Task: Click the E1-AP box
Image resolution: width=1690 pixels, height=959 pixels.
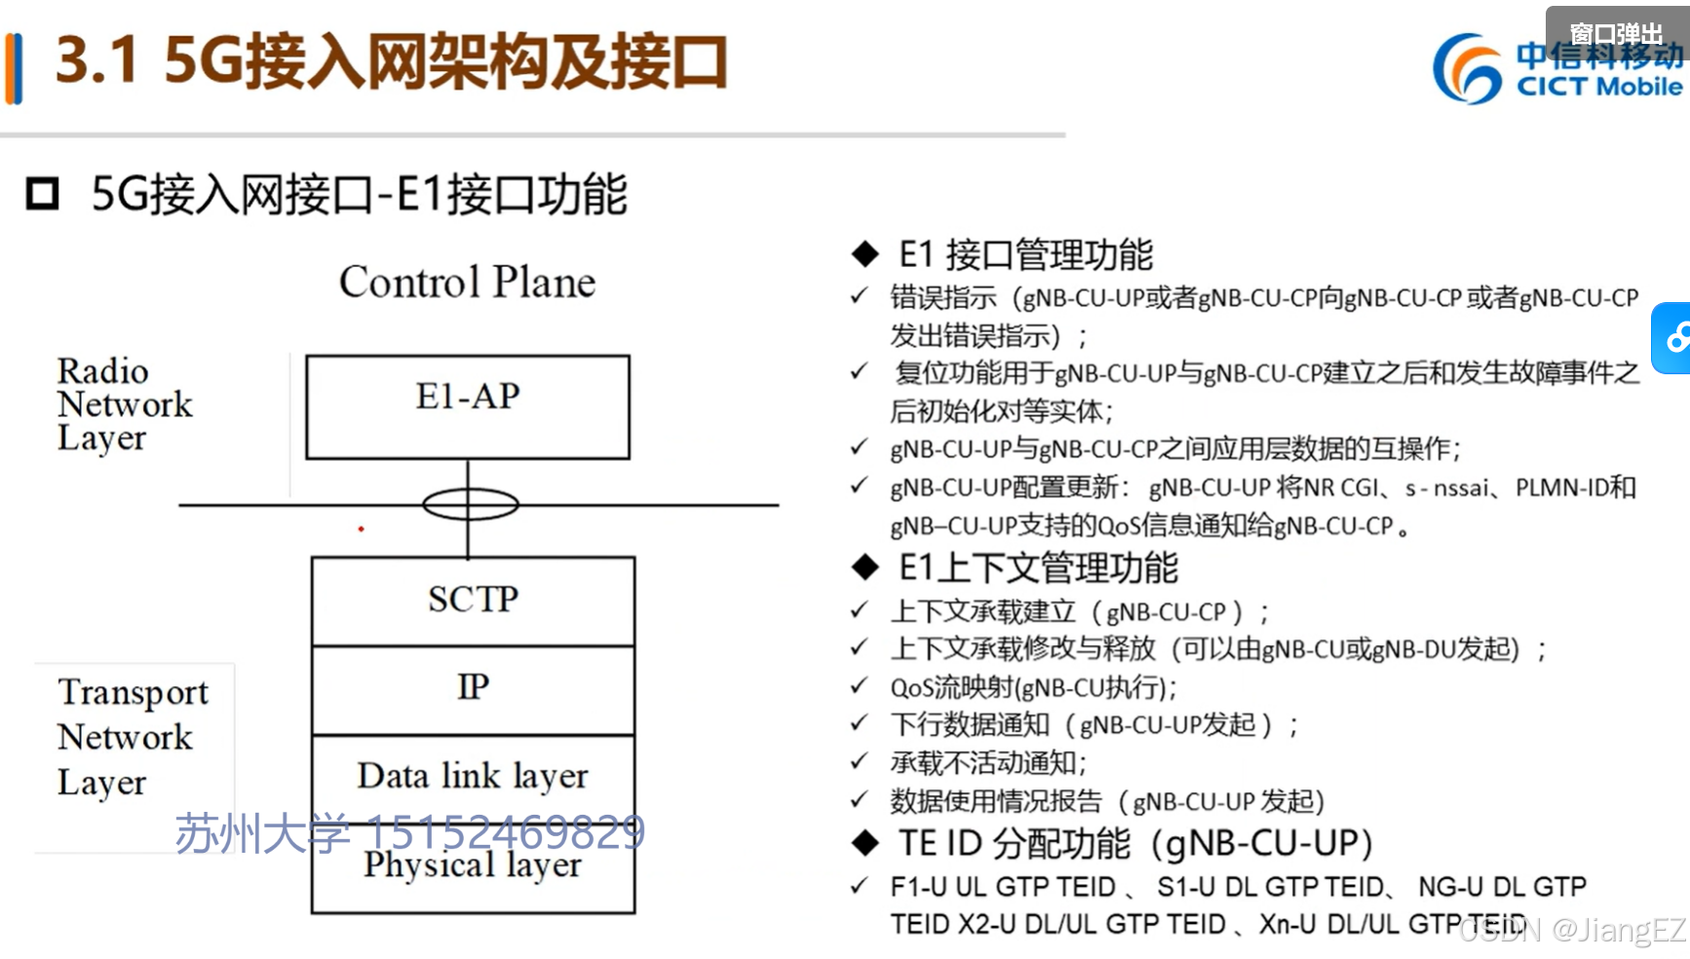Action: tap(468, 406)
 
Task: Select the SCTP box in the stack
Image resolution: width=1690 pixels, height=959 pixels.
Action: tap(473, 599)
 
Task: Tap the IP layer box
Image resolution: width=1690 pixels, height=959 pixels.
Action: tap(473, 688)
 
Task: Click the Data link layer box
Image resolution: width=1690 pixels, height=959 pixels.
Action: tap(473, 777)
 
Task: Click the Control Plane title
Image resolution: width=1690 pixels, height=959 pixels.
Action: tap(467, 283)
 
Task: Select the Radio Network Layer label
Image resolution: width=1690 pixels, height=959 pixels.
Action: tap(124, 403)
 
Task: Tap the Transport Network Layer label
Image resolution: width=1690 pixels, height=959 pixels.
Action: tap(132, 737)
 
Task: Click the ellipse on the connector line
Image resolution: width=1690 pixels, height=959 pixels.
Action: tap(470, 504)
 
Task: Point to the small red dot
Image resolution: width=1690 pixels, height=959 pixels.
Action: tap(361, 529)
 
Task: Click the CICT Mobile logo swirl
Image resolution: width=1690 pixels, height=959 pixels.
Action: tap(1466, 68)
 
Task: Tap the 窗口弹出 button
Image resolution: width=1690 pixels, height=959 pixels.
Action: tap(1615, 33)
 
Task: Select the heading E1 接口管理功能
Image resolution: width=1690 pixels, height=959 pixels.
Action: tap(1025, 255)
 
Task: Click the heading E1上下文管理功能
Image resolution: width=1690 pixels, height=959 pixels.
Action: tap(1038, 568)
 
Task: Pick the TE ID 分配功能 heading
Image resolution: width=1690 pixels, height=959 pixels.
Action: tap(1134, 844)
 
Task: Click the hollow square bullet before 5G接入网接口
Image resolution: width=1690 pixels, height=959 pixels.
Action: tap(42, 194)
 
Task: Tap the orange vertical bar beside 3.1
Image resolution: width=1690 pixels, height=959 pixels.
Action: tap(14, 68)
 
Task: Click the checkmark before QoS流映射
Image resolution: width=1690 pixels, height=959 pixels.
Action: tap(859, 687)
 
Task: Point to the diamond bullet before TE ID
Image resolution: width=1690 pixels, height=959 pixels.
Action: tap(864, 844)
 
